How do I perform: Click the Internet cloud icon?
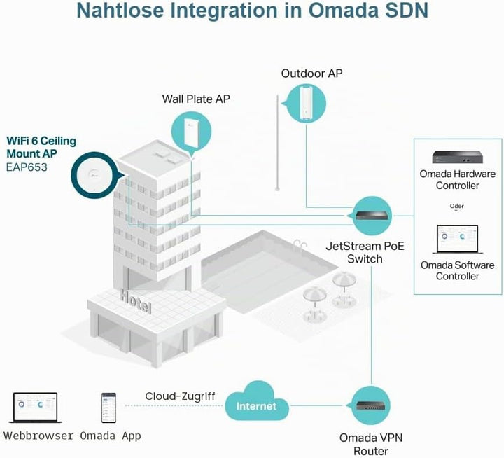256,402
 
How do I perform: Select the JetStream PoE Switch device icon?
374,216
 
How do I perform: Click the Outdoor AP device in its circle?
306,102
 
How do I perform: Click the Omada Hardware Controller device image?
457,157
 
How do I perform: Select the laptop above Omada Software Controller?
457,240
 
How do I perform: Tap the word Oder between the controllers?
456,206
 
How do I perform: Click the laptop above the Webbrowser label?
35,407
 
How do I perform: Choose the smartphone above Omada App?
108,408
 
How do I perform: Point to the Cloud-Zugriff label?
180,396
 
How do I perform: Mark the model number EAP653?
27,167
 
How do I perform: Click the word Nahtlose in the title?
120,11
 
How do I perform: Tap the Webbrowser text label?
38,436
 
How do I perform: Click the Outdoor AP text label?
311,74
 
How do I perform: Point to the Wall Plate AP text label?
196,99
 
